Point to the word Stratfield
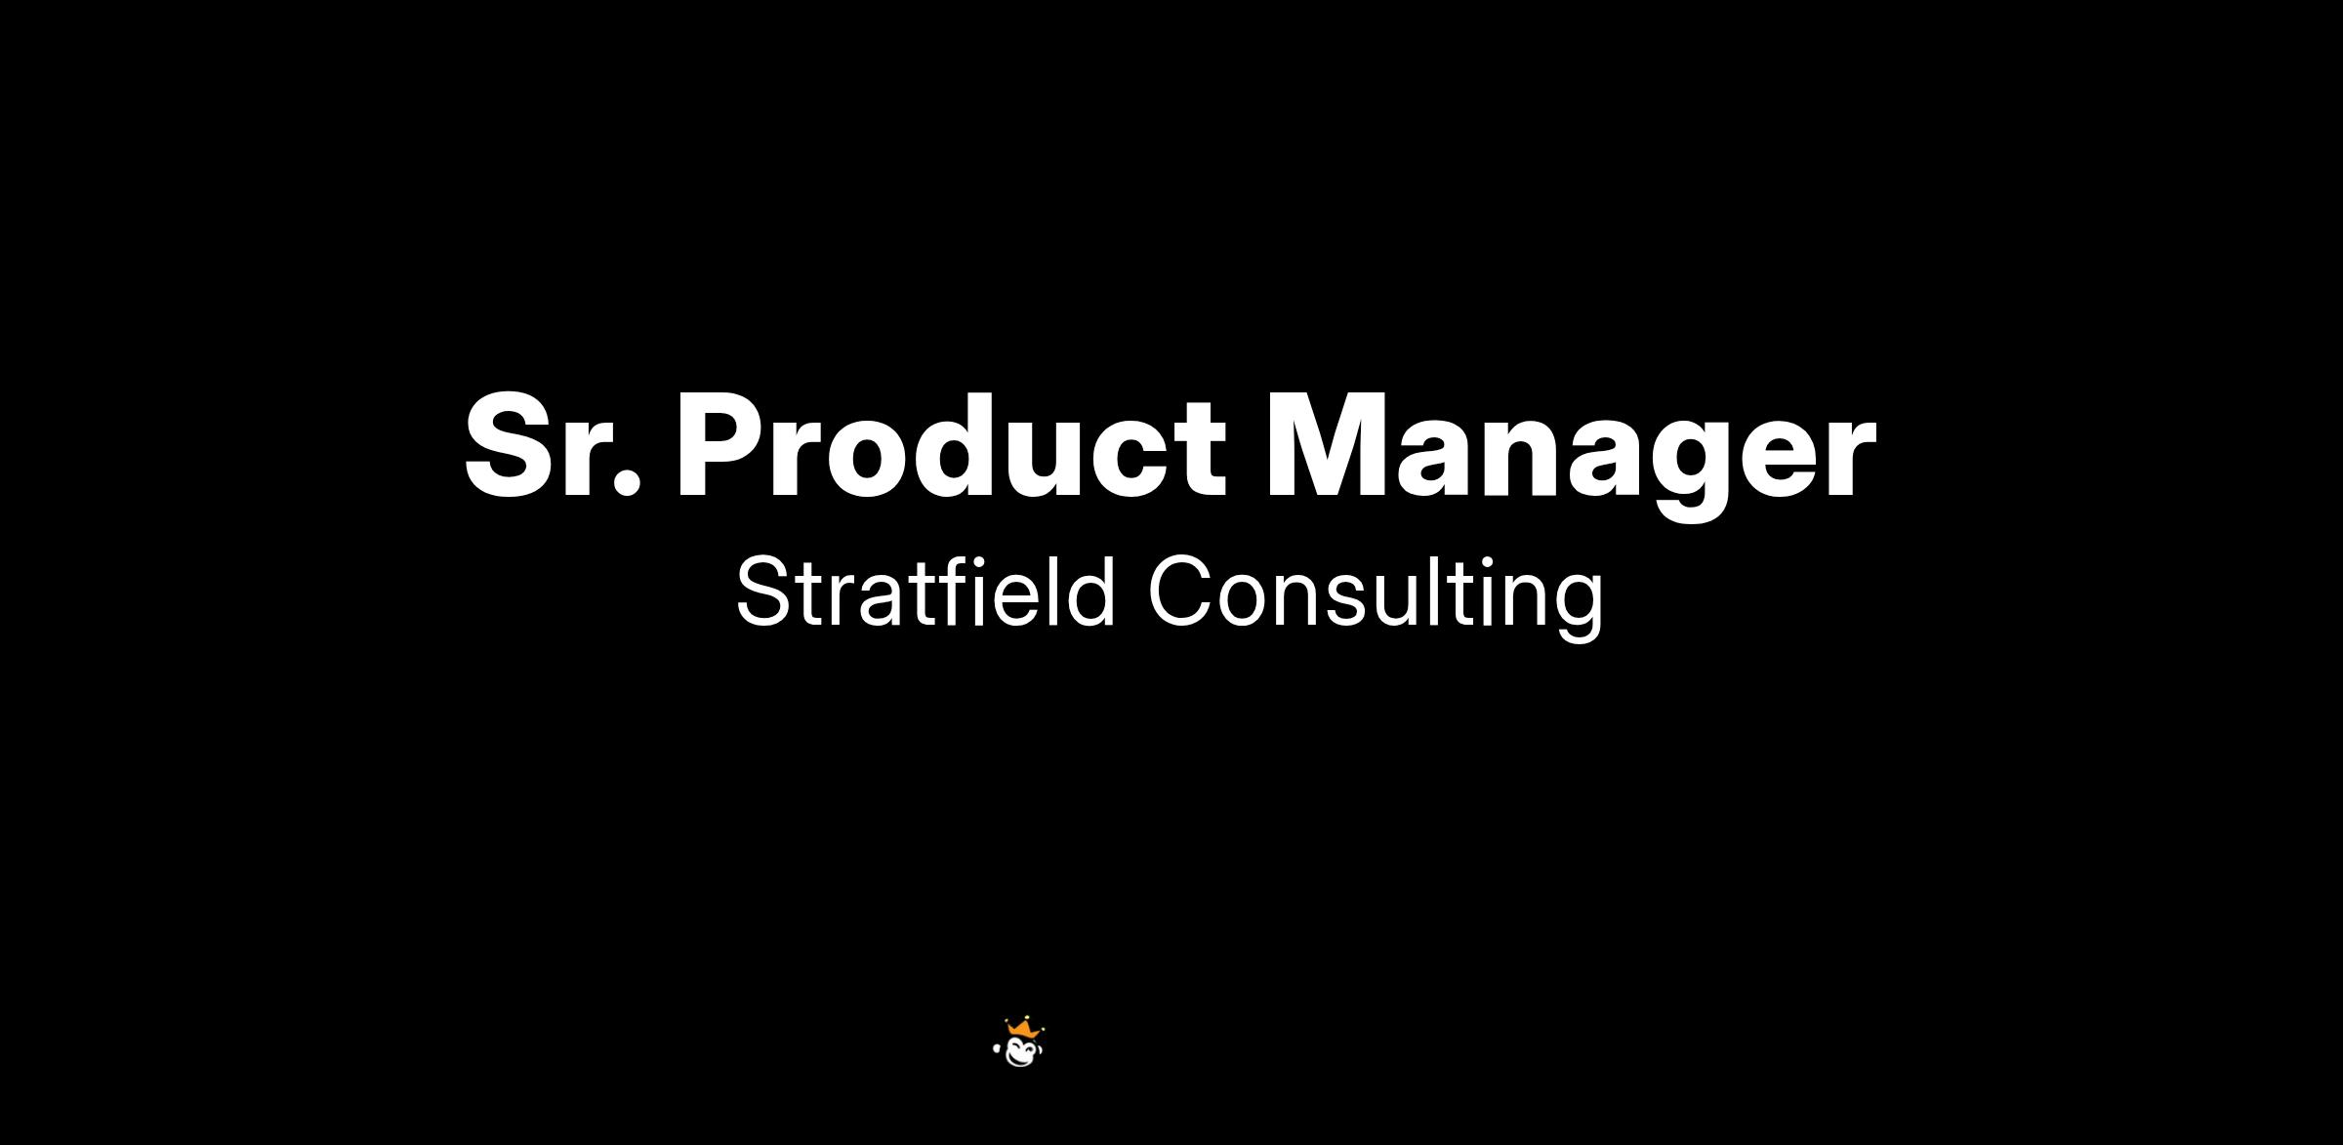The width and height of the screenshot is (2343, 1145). [925, 592]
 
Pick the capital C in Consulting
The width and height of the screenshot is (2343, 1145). [1182, 592]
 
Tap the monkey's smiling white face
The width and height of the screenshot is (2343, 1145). [1021, 1053]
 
